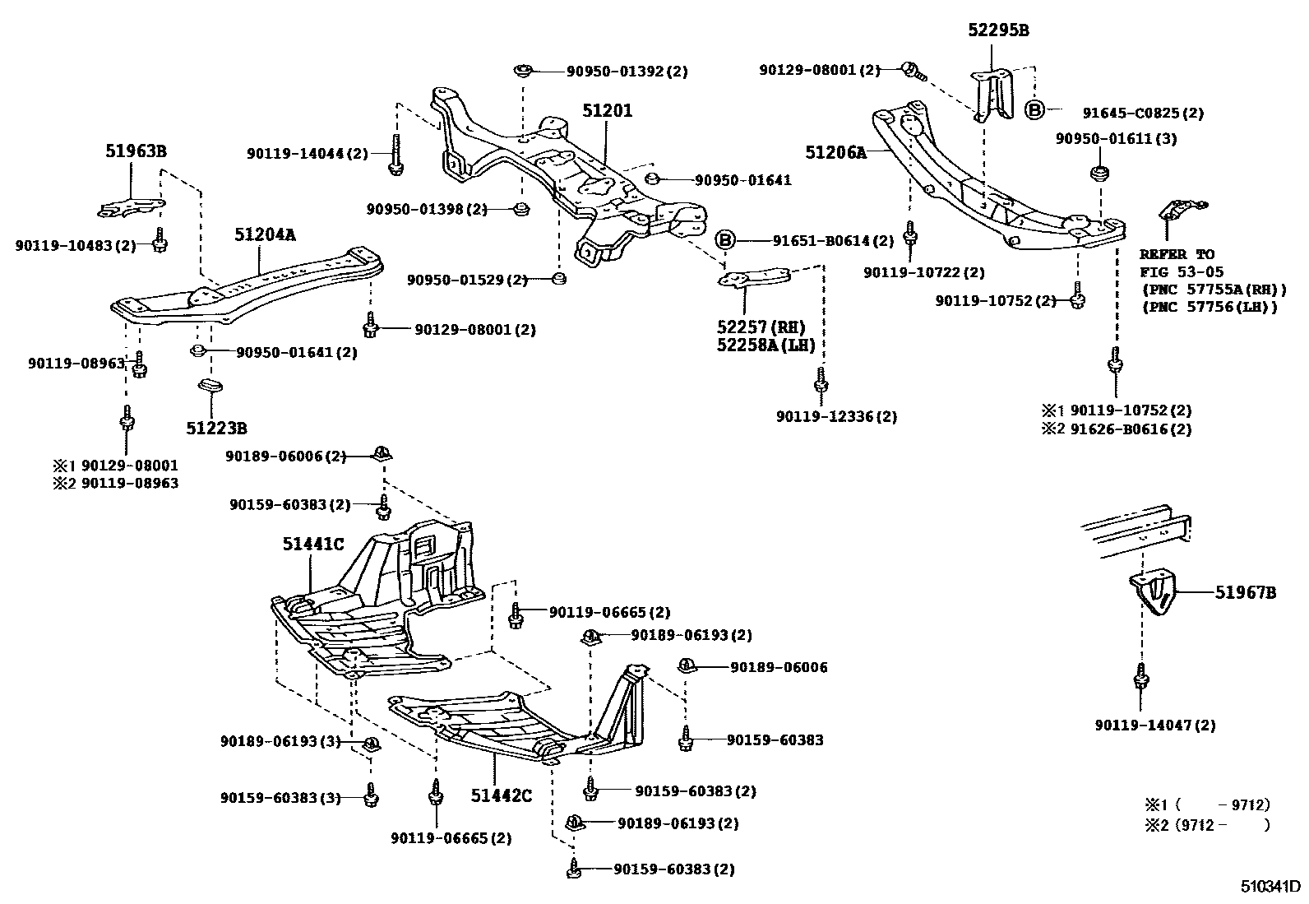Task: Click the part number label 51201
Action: pyautogui.click(x=608, y=110)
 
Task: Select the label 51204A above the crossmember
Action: pyautogui.click(x=265, y=234)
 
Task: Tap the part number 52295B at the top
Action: pyautogui.click(x=997, y=31)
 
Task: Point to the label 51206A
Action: pyautogui.click(x=836, y=152)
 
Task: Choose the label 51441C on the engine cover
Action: pyautogui.click(x=312, y=544)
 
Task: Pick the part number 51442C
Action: pyautogui.click(x=502, y=795)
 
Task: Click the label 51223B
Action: pyautogui.click(x=216, y=428)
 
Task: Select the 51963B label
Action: pyautogui.click(x=136, y=151)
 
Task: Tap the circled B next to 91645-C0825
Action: pyautogui.click(x=1034, y=110)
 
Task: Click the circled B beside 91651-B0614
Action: pyautogui.click(x=724, y=240)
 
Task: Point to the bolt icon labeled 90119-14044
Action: pyautogui.click(x=395, y=156)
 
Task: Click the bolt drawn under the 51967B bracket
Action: pyautogui.click(x=1140, y=676)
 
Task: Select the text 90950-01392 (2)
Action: pyautogui.click(x=627, y=72)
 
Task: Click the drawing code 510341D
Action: pyautogui.click(x=1270, y=887)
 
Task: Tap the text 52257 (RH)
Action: pyautogui.click(x=761, y=327)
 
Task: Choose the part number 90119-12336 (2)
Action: pyautogui.click(x=836, y=417)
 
